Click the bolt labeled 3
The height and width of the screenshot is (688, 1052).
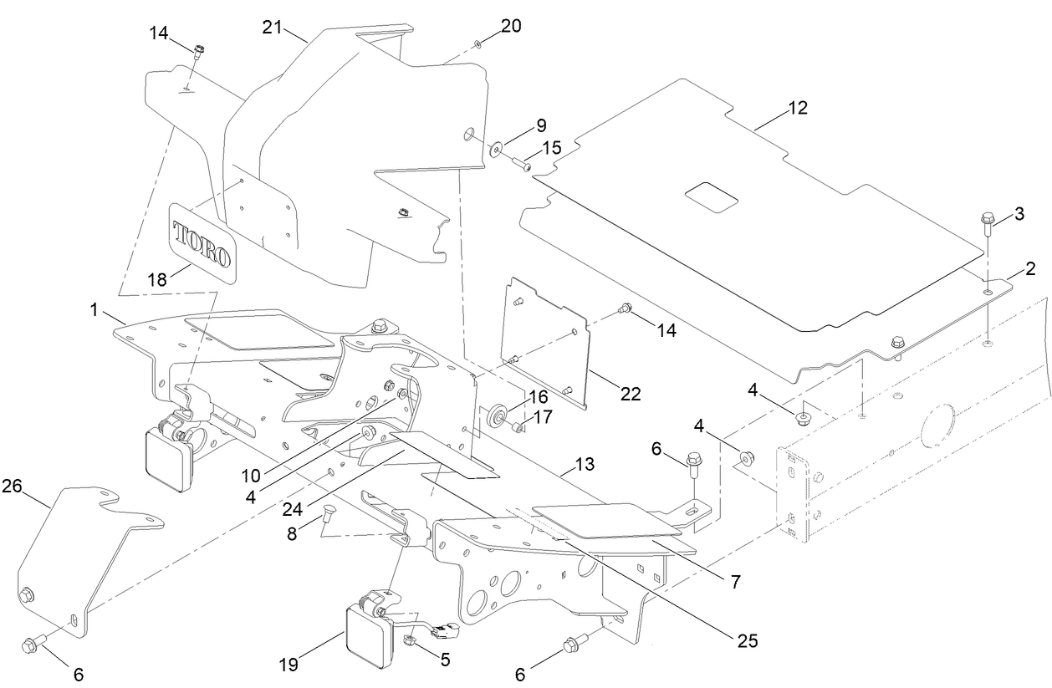point(987,225)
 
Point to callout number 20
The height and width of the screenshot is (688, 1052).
point(511,26)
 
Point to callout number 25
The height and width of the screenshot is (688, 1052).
point(747,641)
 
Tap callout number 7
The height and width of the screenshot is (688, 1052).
point(735,582)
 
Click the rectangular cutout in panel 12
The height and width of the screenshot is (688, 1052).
point(712,196)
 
